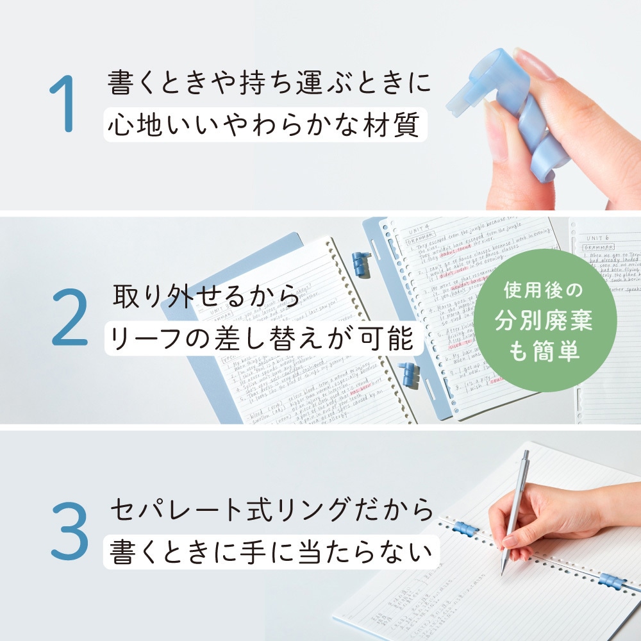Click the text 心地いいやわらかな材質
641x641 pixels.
264,124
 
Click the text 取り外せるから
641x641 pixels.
206,296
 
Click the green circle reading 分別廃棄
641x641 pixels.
544,320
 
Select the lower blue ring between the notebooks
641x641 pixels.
408,375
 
